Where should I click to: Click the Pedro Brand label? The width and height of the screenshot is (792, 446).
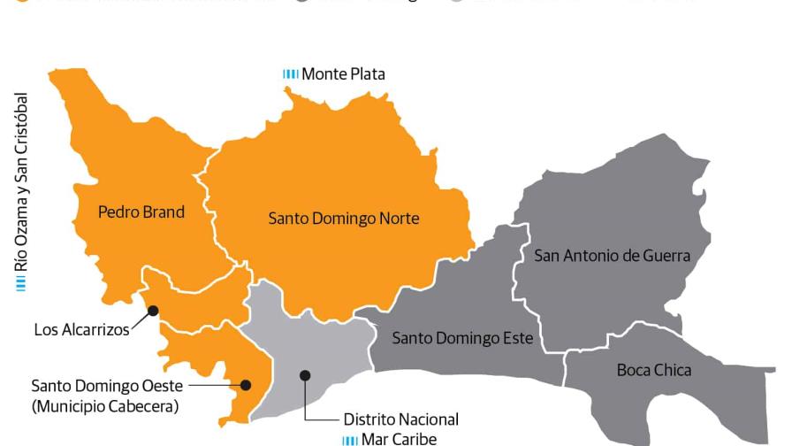pyautogui.click(x=141, y=212)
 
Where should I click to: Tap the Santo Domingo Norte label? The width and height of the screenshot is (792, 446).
pyautogui.click(x=344, y=218)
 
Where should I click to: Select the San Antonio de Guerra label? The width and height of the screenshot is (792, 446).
pyautogui.click(x=612, y=256)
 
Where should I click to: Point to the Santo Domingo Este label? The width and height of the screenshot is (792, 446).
pyautogui.click(x=462, y=338)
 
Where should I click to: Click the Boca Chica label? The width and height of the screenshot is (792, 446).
pyautogui.click(x=654, y=370)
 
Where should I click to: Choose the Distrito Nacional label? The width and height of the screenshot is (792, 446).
pyautogui.click(x=401, y=419)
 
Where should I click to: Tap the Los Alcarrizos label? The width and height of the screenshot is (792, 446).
pyautogui.click(x=81, y=330)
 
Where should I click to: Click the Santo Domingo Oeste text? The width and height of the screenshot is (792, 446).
pyautogui.click(x=105, y=386)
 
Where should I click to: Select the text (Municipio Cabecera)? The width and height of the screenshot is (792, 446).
pyautogui.click(x=105, y=406)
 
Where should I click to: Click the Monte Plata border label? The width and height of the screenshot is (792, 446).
pyautogui.click(x=343, y=74)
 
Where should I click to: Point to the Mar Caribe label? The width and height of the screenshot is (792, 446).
pyautogui.click(x=399, y=439)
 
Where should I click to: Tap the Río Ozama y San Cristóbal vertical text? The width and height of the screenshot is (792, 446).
pyautogui.click(x=22, y=181)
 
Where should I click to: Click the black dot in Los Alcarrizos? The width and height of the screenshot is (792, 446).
pyautogui.click(x=153, y=310)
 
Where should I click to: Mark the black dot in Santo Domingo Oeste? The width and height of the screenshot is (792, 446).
pyautogui.click(x=246, y=385)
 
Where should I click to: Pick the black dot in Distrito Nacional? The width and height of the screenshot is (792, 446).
pyautogui.click(x=305, y=375)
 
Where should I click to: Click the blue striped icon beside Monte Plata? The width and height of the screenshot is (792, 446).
pyautogui.click(x=291, y=74)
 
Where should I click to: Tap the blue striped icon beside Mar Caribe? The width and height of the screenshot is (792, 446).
pyautogui.click(x=350, y=440)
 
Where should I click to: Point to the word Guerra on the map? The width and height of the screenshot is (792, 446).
pyautogui.click(x=666, y=256)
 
